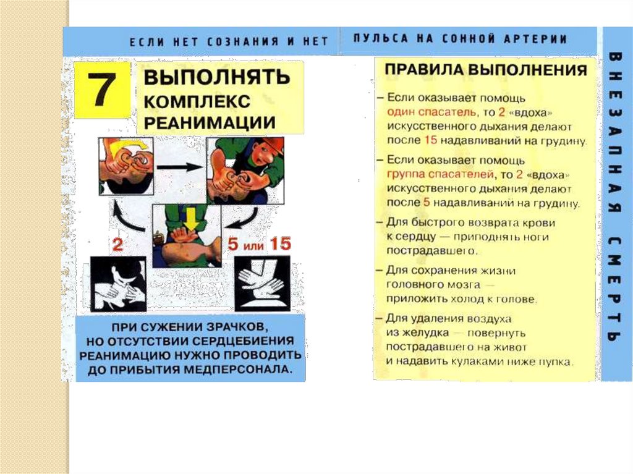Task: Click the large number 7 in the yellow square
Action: (102, 90)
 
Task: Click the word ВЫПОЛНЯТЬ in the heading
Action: (217, 77)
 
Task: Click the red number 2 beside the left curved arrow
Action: (117, 245)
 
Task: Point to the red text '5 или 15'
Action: (259, 244)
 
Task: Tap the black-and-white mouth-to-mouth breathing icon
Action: (118, 284)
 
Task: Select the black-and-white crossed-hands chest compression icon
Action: (262, 284)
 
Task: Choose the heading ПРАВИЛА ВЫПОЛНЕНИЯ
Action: (486, 70)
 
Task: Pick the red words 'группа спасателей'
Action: (440, 174)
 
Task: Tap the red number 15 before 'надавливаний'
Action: (431, 140)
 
